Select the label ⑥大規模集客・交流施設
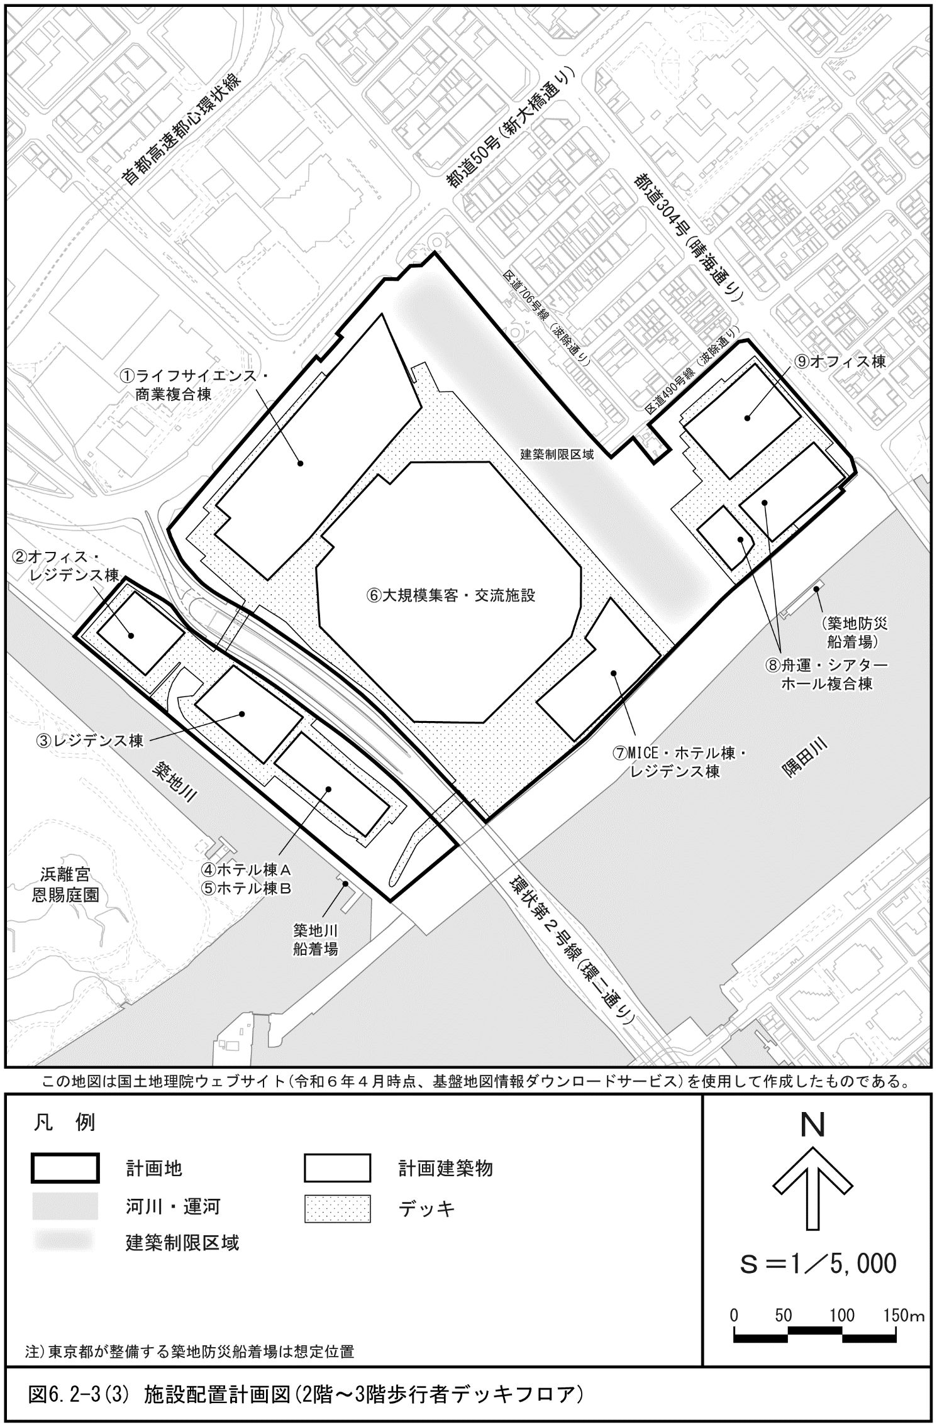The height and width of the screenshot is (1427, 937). click(x=451, y=595)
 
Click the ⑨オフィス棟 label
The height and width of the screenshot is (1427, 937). click(x=840, y=361)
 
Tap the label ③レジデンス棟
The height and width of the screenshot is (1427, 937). click(x=91, y=741)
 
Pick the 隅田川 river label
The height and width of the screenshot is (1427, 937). click(x=804, y=759)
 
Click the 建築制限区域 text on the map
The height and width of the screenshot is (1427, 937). click(x=557, y=454)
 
